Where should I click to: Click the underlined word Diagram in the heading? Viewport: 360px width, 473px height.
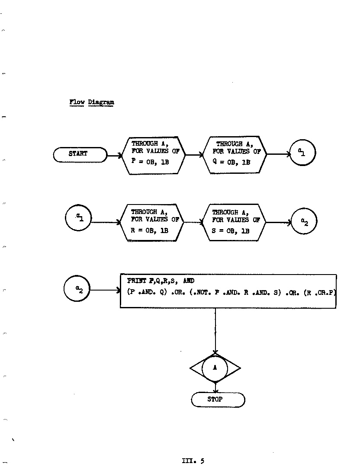(x=101, y=102)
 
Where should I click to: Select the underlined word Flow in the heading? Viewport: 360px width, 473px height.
(x=77, y=102)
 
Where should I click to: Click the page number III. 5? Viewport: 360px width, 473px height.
(x=193, y=461)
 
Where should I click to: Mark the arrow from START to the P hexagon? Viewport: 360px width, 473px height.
(x=115, y=156)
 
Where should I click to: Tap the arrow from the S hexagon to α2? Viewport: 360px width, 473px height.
(x=279, y=223)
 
